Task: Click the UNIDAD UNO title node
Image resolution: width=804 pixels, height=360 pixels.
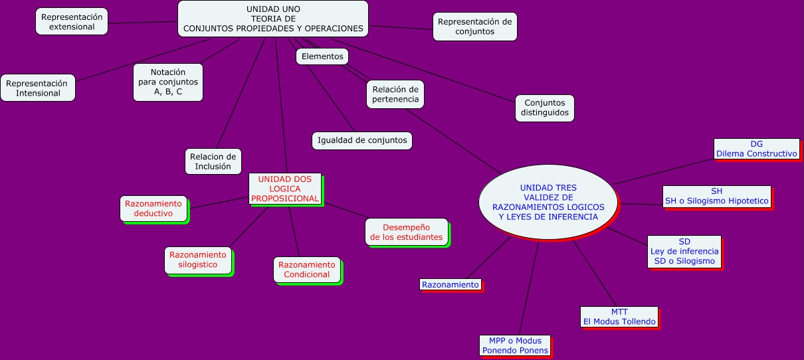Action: coord(272,19)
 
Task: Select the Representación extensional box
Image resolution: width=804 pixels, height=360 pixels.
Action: coord(72,22)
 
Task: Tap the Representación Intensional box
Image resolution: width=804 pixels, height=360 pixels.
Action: coord(38,88)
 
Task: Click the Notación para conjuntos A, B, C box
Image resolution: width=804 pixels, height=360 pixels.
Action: coord(168,82)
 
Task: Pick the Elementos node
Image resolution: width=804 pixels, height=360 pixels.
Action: coord(322,57)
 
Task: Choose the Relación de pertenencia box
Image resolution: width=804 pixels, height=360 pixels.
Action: coord(395,94)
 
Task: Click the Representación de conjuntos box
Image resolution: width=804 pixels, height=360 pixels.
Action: coord(474,27)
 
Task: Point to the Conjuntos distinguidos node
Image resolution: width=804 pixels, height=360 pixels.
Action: coord(545,108)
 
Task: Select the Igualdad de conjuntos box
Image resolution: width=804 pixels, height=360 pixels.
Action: coord(362,140)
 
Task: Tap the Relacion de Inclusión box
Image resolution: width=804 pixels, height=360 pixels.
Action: coord(213,161)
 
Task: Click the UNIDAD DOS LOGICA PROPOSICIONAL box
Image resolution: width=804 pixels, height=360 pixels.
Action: coord(284,189)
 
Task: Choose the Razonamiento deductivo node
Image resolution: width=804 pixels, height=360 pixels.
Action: coord(153,208)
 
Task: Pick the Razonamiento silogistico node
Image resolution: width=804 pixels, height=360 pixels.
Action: coord(198,260)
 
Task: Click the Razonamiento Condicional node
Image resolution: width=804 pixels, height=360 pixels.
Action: coord(307,269)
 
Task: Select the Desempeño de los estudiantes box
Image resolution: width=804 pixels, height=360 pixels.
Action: coord(407,232)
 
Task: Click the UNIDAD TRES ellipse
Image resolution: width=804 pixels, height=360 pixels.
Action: coord(548,202)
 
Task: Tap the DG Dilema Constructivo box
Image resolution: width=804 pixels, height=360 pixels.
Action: coord(756,149)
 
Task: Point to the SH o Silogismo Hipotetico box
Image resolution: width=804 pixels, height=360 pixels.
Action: coord(716,196)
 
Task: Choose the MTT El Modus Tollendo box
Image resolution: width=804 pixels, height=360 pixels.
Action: coord(619,317)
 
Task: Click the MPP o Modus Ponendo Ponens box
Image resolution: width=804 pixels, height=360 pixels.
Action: coord(515,345)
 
